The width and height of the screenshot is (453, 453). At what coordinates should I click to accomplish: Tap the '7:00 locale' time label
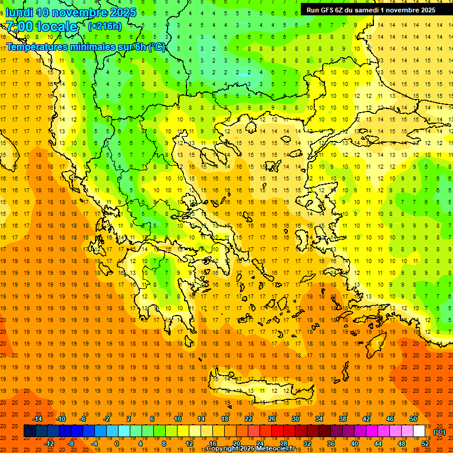pos(41,27)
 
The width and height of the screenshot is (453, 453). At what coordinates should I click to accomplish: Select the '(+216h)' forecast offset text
pos(105,26)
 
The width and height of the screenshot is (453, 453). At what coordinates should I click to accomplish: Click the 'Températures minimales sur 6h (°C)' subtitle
pos(86,47)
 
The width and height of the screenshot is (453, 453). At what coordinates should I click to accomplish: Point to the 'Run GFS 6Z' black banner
pos(371,9)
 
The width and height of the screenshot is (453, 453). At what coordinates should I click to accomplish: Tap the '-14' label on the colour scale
pos(37,419)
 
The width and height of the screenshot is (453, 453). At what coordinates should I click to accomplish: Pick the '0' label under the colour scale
pos(116,444)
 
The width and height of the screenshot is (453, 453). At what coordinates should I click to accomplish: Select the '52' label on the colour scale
pos(425,444)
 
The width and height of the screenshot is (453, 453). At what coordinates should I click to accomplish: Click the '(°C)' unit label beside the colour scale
pos(439,432)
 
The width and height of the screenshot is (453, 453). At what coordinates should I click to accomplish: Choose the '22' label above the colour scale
pos(248,419)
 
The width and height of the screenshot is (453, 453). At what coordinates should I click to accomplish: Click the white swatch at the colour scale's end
pos(419,431)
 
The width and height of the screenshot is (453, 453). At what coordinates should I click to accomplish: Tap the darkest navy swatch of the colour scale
pos(29,431)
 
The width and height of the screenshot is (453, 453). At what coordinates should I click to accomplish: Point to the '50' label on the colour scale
pos(413,419)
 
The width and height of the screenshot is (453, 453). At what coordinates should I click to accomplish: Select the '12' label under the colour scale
pos(189,444)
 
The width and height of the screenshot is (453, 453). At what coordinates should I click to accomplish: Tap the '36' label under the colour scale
pos(331,444)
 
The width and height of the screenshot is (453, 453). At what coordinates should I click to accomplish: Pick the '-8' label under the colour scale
pos(71,444)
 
